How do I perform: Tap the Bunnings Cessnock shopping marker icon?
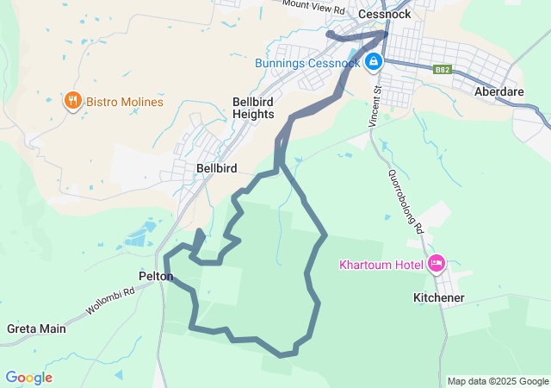click(374, 62)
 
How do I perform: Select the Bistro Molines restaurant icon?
click(72, 101)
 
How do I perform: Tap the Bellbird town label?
click(216, 168)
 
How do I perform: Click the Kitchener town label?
click(439, 297)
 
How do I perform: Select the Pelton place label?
click(156, 277)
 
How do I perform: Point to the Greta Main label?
click(36, 329)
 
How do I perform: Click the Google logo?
click(28, 378)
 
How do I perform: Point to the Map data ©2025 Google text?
click(498, 381)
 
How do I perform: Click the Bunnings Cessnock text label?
click(307, 63)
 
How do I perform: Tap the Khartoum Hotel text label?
click(381, 264)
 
